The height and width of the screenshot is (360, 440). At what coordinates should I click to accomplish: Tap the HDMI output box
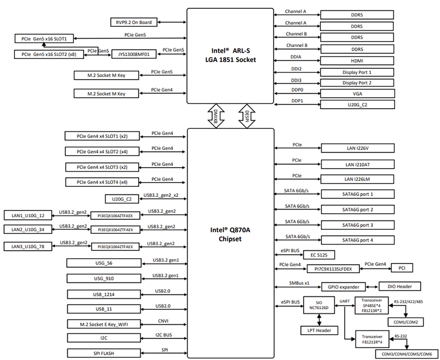point(357,61)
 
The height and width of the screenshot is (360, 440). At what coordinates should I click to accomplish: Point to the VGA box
point(357,94)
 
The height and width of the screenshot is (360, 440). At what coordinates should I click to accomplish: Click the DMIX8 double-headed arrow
point(214,115)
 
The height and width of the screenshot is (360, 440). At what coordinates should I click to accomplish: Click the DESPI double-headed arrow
point(246,115)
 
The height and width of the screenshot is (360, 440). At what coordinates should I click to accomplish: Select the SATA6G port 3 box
point(357,225)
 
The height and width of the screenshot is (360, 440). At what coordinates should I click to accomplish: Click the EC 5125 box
point(322,254)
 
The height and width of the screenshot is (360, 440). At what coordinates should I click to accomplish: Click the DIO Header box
point(399,286)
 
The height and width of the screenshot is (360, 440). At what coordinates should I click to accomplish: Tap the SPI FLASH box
point(103,353)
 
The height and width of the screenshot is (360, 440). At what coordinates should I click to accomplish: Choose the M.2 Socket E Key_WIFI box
point(103,324)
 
